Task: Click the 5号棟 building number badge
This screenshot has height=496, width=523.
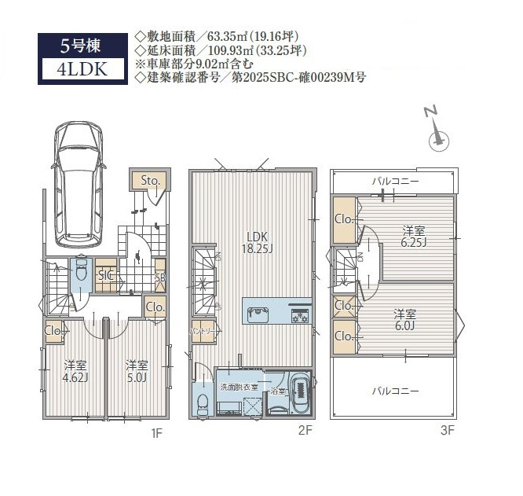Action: [82, 44]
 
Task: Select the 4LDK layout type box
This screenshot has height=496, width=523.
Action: [82, 68]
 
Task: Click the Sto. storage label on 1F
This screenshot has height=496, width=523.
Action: [151, 182]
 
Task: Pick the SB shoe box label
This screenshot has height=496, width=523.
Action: [159, 277]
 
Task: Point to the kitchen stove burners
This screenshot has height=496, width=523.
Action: [301, 315]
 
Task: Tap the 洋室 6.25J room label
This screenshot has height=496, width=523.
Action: [414, 237]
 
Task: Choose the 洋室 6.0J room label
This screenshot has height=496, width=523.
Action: [405, 319]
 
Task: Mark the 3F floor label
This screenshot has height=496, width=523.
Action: [448, 430]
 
